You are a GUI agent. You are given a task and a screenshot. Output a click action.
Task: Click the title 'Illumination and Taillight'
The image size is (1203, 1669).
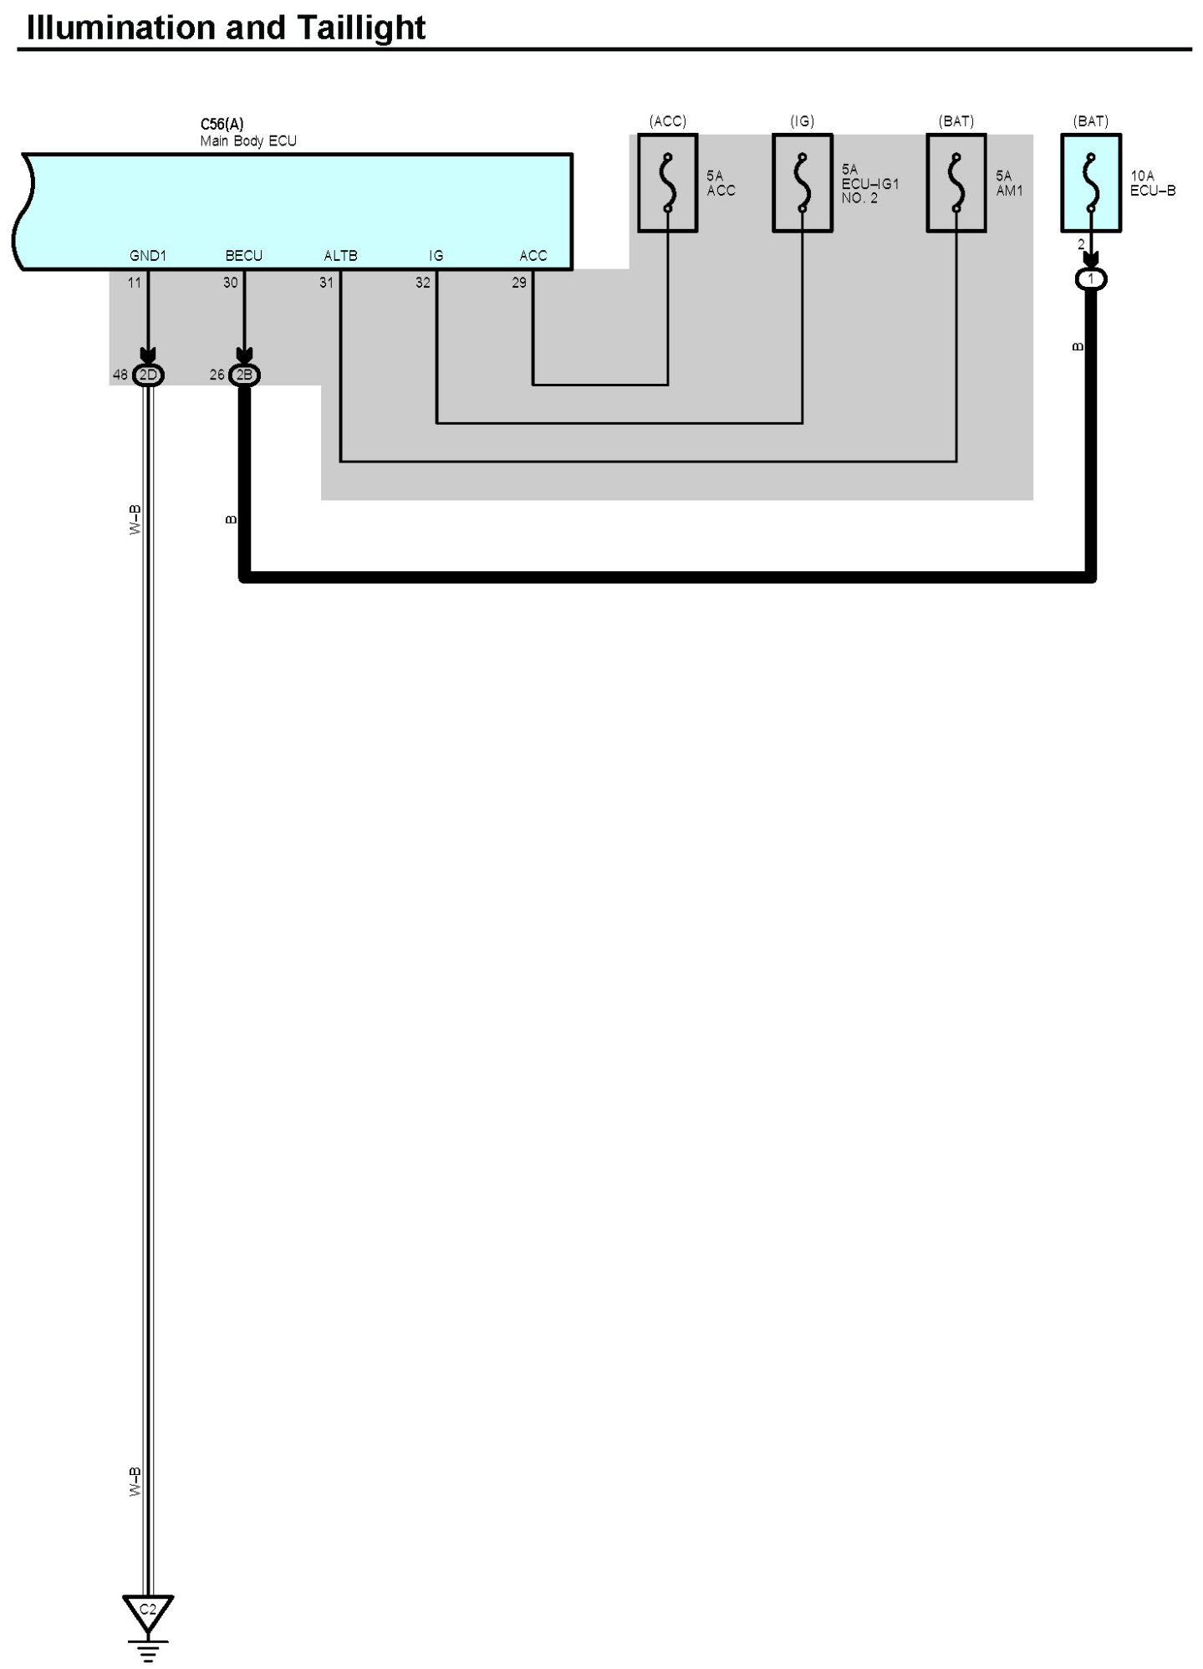226,28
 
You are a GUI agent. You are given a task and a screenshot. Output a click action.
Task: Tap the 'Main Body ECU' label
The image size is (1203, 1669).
248,141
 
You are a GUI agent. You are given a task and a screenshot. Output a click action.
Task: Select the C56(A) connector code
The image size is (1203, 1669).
222,125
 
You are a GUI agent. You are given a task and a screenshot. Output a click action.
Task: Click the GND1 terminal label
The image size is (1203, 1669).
148,256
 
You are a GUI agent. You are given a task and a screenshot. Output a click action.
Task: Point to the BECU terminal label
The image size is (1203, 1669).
244,256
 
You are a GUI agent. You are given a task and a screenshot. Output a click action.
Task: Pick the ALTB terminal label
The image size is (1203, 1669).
340,256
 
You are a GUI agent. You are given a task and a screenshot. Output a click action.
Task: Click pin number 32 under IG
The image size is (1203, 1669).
423,283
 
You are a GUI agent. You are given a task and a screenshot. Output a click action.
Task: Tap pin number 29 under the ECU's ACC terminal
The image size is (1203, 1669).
519,283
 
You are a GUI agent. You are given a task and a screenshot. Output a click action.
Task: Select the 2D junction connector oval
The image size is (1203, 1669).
148,375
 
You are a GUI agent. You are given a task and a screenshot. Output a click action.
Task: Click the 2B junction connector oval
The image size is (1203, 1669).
244,375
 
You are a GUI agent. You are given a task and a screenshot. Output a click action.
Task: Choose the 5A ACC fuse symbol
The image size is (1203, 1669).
667,183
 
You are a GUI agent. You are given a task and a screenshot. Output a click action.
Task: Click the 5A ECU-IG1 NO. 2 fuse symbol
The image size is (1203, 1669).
802,183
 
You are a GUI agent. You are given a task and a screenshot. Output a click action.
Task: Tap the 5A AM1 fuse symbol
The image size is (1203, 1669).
956,183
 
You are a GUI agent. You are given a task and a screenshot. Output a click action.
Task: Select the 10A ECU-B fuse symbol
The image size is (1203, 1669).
1091,183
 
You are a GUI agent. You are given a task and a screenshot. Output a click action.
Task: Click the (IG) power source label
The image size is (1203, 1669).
802,121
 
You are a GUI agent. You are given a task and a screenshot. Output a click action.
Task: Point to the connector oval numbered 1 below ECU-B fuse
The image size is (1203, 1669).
1091,279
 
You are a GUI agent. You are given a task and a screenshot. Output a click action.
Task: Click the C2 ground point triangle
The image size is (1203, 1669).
148,1610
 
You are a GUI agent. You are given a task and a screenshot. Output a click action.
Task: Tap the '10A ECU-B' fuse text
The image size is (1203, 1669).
1153,183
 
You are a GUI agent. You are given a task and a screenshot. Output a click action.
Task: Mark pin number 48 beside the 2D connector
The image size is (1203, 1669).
120,375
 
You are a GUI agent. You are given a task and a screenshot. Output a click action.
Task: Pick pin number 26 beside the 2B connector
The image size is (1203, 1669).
217,375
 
